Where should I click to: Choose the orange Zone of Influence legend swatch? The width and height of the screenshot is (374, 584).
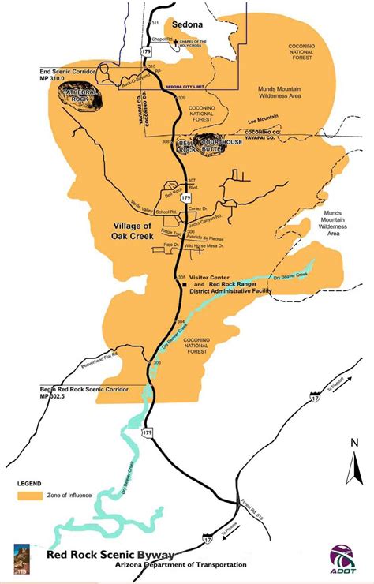click(29, 496)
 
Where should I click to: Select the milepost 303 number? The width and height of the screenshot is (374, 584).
click(158, 362)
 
